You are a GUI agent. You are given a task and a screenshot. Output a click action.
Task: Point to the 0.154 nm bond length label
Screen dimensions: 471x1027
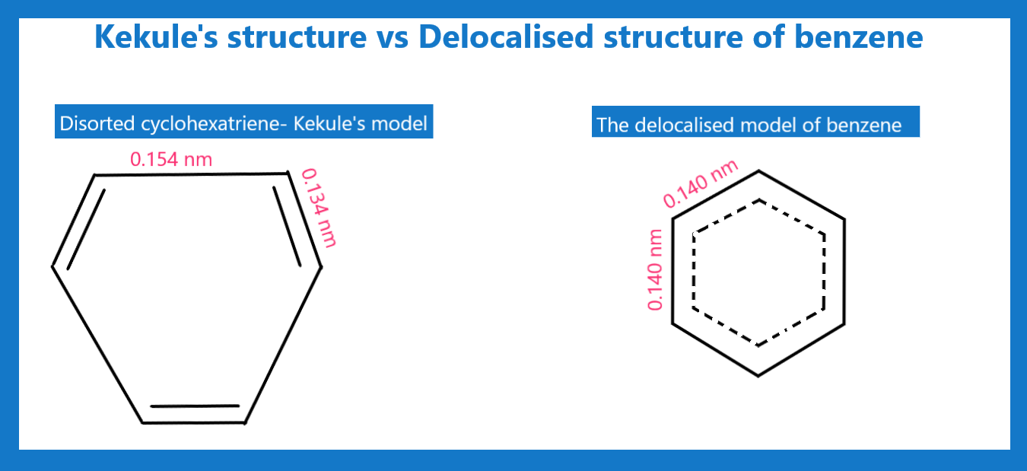click(171, 159)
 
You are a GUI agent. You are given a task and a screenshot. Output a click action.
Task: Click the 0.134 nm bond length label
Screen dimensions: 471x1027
click(319, 208)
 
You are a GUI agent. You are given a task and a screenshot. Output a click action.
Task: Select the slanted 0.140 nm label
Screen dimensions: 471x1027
click(700, 184)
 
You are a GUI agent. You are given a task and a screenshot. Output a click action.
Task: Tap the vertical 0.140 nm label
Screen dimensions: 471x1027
click(655, 269)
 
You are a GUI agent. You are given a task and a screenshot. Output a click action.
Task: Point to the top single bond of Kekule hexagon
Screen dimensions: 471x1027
click(191, 174)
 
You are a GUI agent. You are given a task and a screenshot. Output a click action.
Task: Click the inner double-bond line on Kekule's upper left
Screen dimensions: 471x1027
click(85, 229)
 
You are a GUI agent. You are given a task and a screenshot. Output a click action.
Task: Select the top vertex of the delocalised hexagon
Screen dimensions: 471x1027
click(758, 170)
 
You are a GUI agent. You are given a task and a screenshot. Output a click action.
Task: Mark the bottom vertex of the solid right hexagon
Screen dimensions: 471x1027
click(758, 375)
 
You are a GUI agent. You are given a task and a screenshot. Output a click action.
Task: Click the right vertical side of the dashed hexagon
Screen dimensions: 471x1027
click(824, 272)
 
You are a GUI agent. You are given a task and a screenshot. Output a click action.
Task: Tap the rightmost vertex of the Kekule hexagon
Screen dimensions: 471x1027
click(320, 266)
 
